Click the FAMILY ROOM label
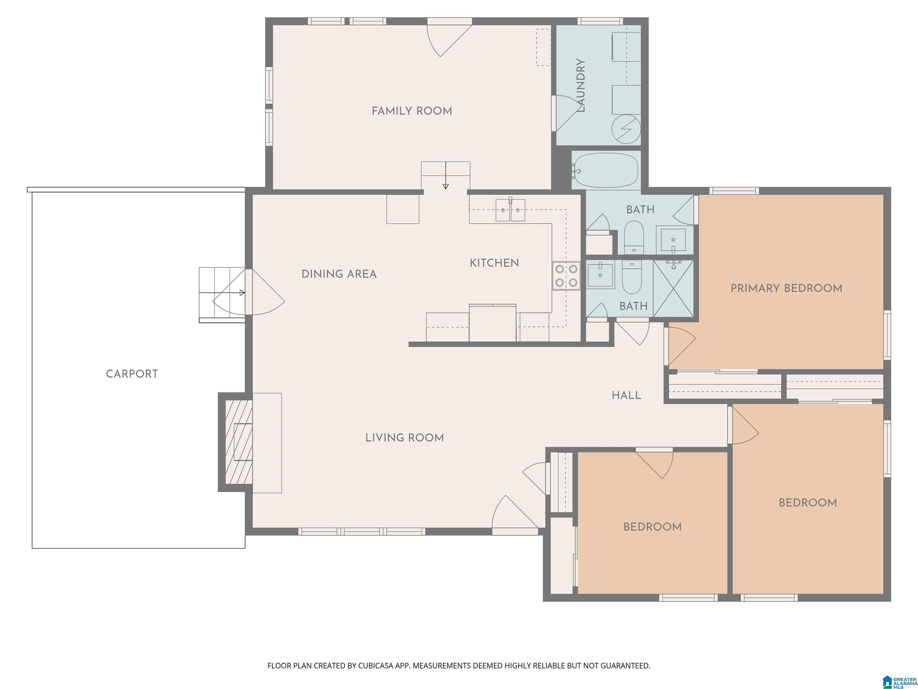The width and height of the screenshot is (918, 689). [x=412, y=111]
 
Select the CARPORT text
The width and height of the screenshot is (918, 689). [x=132, y=374]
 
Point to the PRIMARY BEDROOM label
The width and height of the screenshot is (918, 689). [x=787, y=288]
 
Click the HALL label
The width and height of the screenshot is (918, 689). [x=627, y=395]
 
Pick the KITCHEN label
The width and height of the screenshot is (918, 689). [x=494, y=263]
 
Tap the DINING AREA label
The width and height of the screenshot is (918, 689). [x=339, y=274]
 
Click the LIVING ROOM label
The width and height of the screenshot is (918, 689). [x=405, y=438]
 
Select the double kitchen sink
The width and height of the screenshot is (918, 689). [x=510, y=210]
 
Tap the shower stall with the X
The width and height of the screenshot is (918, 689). [x=674, y=289]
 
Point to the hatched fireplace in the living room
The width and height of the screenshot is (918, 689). [x=239, y=442]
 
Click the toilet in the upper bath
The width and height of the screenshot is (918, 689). [x=634, y=237]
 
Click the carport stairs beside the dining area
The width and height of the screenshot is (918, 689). [x=222, y=295]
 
